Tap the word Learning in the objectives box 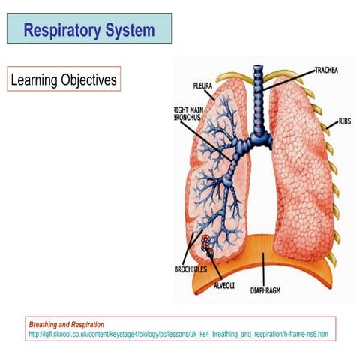tap(37, 79)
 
